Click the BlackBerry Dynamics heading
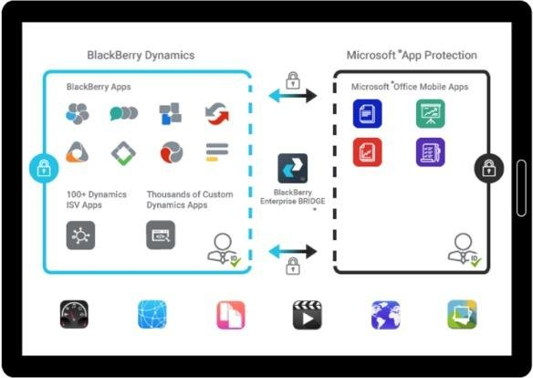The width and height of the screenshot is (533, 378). coord(141,55)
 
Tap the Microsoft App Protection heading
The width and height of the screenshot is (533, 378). coord(412,55)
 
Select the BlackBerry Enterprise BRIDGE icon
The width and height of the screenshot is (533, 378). coord(293,168)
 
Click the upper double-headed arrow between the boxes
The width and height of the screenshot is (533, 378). coord(293,94)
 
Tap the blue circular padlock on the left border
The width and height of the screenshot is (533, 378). coord(42,168)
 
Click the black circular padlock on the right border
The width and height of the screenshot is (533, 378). coord(488,168)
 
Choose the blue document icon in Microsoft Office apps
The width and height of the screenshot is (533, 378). coord(368,114)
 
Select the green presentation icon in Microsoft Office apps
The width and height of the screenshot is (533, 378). coord(430,114)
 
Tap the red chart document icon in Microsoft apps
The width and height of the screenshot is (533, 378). coord(368,152)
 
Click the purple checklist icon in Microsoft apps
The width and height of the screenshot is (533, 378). coord(430,152)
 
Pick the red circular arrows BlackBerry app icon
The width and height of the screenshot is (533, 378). coord(216,114)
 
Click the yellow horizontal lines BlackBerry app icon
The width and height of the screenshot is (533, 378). coord(216,152)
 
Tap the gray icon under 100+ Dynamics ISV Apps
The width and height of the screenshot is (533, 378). coord(80,235)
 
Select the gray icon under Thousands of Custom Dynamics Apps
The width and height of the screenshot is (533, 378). coord(161,235)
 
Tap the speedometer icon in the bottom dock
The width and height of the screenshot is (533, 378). coord(74,314)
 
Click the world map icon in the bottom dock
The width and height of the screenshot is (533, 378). coord(385,314)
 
